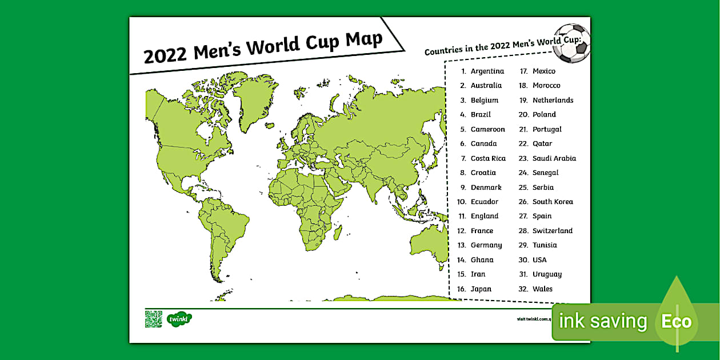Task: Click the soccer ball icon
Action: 572,43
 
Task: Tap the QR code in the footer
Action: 153,319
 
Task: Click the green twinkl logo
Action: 179,319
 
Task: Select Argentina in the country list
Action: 487,71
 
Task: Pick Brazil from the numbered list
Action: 481,114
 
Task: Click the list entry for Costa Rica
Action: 488,158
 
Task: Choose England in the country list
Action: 485,216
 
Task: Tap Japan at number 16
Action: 481,289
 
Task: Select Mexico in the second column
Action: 543,71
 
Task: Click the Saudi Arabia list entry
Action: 554,158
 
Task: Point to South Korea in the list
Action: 552,202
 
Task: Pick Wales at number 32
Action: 542,289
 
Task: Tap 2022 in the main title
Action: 165,56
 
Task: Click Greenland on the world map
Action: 255,100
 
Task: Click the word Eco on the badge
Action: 676,322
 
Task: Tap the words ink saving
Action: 602,322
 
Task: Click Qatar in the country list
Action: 542,143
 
